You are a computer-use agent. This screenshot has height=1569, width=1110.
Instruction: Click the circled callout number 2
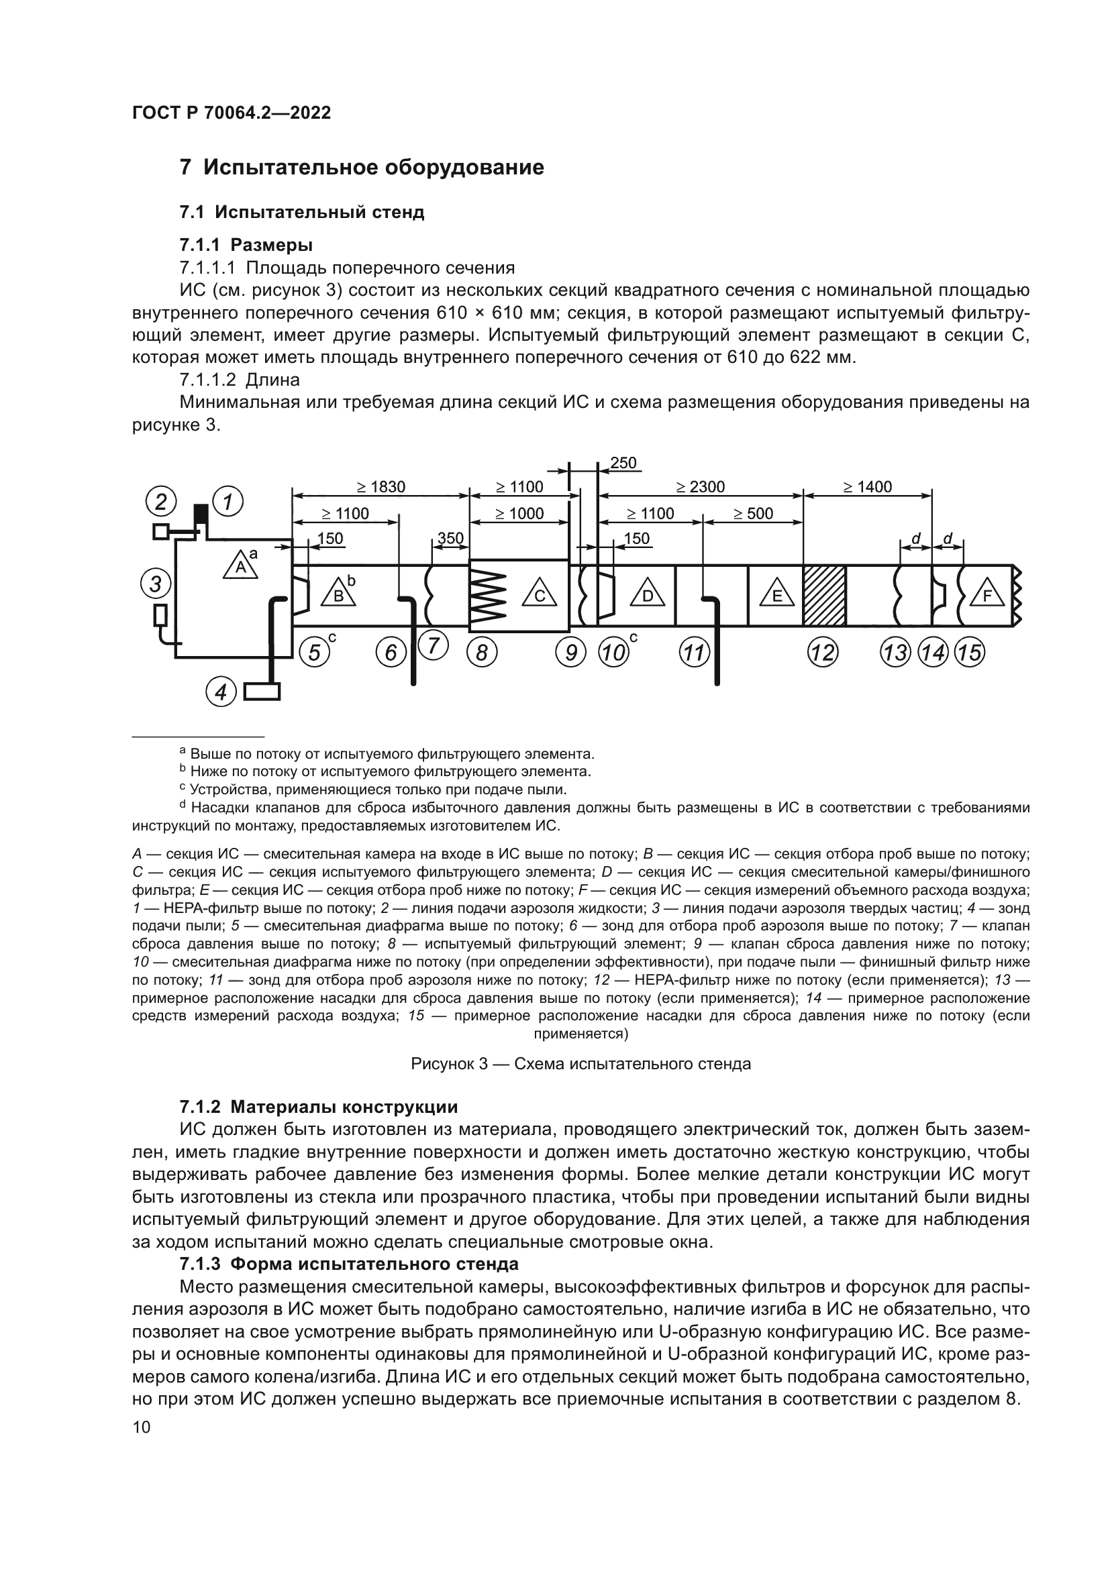coord(160,502)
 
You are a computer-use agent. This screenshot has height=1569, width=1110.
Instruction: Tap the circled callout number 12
coord(823,653)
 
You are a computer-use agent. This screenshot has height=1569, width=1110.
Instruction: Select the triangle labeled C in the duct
coord(540,594)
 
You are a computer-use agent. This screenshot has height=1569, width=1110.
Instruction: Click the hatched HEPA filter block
coord(824,595)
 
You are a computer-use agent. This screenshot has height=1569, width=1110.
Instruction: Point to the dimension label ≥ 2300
coord(701,487)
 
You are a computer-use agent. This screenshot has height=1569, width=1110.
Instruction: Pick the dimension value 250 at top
coord(623,464)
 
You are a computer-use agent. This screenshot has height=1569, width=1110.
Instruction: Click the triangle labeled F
coord(987,594)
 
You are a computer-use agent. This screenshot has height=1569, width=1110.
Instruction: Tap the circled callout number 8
coord(482,653)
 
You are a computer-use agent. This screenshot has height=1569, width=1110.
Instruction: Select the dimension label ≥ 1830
coord(381,487)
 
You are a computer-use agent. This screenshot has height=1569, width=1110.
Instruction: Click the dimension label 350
coord(450,539)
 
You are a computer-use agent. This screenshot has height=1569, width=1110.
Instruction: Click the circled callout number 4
coord(221,693)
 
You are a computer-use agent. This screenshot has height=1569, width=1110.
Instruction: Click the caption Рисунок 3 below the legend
coord(581,1064)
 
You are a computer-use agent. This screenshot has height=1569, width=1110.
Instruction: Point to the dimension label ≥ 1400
coord(866,487)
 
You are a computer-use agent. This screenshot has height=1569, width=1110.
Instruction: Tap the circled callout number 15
coord(969,653)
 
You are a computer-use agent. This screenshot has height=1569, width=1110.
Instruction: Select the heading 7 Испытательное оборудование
coord(362,168)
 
